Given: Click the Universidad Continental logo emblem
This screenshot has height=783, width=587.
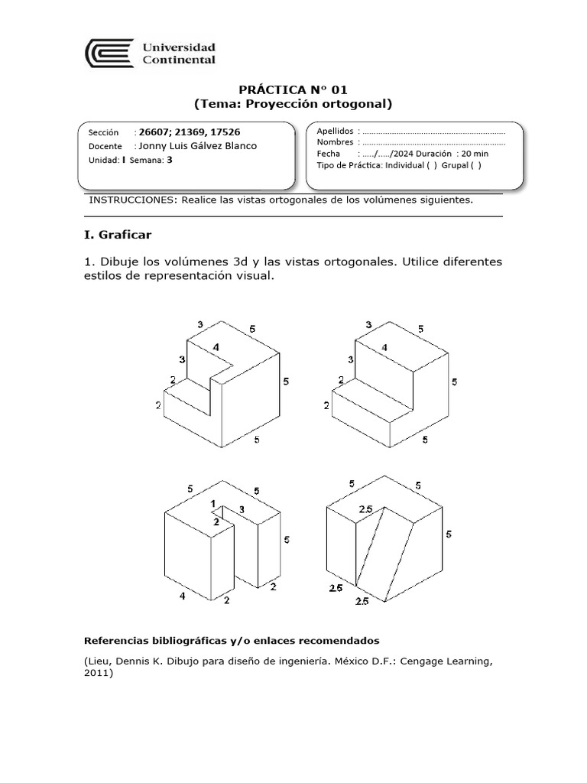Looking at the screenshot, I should [x=109, y=54].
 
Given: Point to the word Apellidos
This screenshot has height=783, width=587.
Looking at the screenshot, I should [x=335, y=131].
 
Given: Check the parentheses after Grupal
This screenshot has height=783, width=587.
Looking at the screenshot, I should [x=476, y=164].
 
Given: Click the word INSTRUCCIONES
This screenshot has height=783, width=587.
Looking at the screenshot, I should [x=132, y=200].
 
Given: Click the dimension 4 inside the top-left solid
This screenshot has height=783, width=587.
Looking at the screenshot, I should [x=216, y=347].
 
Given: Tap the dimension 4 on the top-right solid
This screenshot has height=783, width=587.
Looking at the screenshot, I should [x=384, y=347].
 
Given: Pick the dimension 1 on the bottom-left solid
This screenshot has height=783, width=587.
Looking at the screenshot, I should [x=214, y=503].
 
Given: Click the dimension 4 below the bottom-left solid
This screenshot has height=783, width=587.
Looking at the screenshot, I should [x=182, y=596].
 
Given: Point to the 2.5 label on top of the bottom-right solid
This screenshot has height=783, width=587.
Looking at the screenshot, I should [x=365, y=510].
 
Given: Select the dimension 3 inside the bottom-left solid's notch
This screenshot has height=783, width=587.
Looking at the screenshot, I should [x=242, y=509].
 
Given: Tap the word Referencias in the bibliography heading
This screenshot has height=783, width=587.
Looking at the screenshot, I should [x=114, y=639].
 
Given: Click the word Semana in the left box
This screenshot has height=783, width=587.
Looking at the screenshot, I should [x=146, y=160].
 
